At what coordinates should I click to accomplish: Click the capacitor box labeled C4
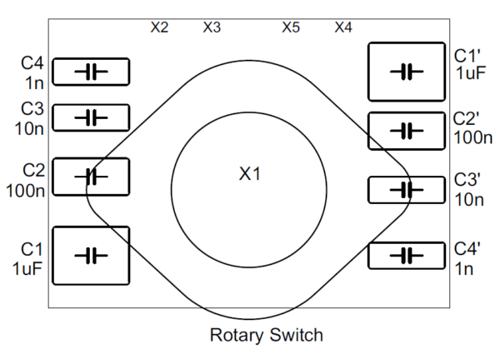tap(91, 72)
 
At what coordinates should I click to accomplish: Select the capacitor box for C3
tap(91, 117)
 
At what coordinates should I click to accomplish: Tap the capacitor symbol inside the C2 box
tap(91, 177)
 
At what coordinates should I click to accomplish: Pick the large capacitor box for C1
tap(91, 255)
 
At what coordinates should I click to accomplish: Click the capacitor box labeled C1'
tap(407, 72)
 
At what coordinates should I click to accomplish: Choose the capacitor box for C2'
tap(407, 131)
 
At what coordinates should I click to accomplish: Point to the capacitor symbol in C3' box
tap(407, 190)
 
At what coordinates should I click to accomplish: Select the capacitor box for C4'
tap(407, 255)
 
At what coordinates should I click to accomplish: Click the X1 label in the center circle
tap(250, 174)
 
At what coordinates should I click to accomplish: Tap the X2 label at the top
tap(159, 27)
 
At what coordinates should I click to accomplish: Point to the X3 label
tap(212, 27)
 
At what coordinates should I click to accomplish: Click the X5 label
tap(290, 27)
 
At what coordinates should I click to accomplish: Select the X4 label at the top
tap(343, 27)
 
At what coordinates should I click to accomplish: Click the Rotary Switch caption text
tap(266, 336)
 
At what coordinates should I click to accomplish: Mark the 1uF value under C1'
tap(468, 72)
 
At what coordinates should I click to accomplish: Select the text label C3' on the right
tap(467, 181)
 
